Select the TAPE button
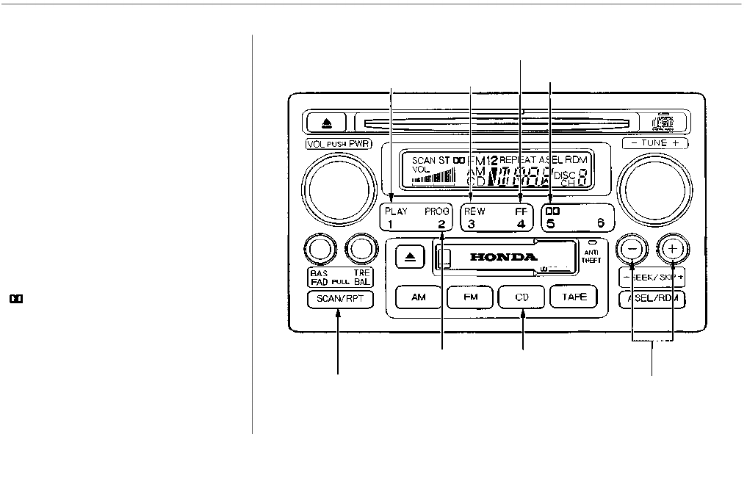[x=574, y=297]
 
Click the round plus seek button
[x=672, y=249]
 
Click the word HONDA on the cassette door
[x=504, y=258]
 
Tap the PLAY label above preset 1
[x=396, y=211]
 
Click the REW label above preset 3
[x=474, y=211]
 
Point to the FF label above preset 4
[x=521, y=211]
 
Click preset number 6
[x=600, y=224]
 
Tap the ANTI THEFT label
[x=591, y=256]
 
